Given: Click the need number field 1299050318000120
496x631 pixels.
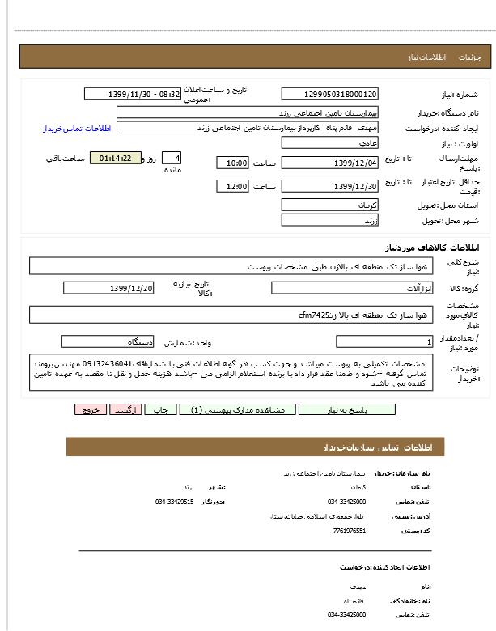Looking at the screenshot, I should tap(329, 95).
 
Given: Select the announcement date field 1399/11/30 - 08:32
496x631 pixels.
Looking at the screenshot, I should tap(133, 94).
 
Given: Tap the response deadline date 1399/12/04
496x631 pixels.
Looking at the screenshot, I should tap(329, 163).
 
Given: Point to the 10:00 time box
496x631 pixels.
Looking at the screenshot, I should tap(232, 163).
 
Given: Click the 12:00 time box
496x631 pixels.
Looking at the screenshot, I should tap(232, 187).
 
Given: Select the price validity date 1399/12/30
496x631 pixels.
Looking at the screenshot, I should tap(329, 187).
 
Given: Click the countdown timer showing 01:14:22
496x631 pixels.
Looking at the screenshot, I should tap(116, 158).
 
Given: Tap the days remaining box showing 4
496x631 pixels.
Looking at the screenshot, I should tap(172, 158).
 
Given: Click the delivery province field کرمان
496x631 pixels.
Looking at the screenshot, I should tap(329, 205).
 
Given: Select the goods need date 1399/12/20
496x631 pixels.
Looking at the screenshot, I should tap(108, 288).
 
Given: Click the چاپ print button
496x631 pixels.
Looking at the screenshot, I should tap(160, 409).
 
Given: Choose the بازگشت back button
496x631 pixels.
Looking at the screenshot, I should tap(125, 409).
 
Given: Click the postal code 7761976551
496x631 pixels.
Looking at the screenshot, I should tap(349, 531).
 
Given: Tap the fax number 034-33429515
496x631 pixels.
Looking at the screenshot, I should tap(175, 502).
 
